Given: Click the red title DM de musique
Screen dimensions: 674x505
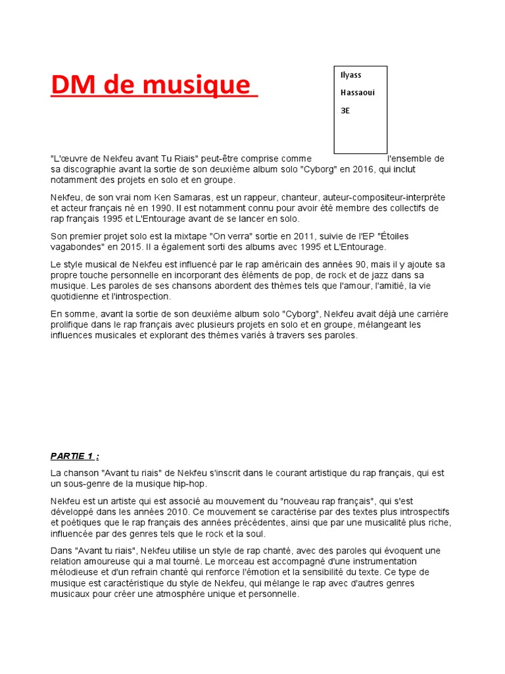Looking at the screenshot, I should pos(153,85).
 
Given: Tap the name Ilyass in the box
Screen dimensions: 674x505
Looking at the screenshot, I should pos(350,75).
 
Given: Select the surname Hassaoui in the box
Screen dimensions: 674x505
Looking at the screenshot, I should pos(358,93).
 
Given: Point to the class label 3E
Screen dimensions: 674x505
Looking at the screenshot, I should pos(345,111).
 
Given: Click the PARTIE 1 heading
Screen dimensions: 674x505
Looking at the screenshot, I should pos(75,455).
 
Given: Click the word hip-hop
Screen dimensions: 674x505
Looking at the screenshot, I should pos(191,484).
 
